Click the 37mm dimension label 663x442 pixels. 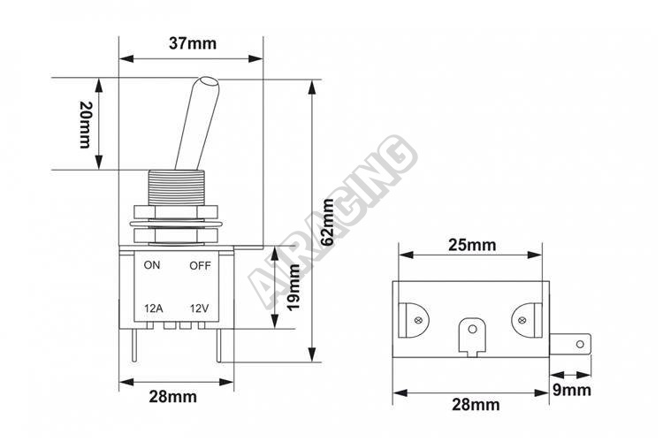tap(193, 43)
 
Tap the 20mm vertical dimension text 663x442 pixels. tap(86, 125)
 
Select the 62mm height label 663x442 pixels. tap(327, 222)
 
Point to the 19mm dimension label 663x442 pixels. tap(293, 287)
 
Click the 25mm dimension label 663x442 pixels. tap(472, 245)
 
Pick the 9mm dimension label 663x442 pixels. tap(572, 390)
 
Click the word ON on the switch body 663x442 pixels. tap(152, 265)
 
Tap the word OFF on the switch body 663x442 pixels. tap(200, 265)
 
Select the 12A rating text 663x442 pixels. tap(154, 309)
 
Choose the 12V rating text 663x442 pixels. tap(199, 309)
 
